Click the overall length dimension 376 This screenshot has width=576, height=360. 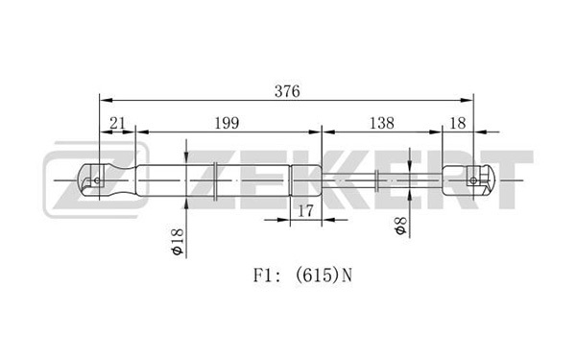(287, 91)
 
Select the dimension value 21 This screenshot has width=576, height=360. (117, 123)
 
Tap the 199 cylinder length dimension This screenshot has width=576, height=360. (227, 123)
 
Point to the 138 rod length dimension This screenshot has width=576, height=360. (382, 123)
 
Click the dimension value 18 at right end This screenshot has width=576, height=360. (458, 123)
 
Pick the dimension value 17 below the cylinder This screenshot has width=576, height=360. (305, 211)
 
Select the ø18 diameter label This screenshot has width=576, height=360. (177, 241)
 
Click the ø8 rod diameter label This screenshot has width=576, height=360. (400, 226)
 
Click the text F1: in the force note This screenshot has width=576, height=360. (267, 276)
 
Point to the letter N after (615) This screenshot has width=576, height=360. (347, 276)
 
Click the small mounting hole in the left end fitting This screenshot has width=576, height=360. (97, 180)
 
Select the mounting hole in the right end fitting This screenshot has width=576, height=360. (473, 180)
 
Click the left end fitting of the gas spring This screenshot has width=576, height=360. (108, 180)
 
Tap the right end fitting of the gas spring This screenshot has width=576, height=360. (468, 180)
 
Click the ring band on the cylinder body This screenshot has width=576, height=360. (216, 180)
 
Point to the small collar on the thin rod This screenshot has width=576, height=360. (376, 180)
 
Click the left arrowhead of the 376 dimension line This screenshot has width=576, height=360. (106, 100)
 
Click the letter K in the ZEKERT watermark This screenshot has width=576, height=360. (345, 180)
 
